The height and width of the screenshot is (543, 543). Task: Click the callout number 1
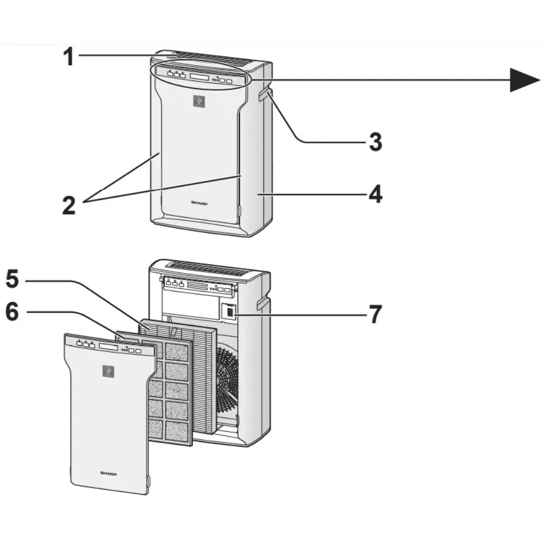[68, 57]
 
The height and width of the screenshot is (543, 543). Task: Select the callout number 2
[68, 206]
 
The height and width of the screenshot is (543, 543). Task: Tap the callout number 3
[375, 142]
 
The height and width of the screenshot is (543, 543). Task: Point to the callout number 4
[375, 194]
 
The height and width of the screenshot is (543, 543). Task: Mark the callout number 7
[375, 314]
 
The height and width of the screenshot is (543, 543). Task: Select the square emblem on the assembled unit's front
[199, 100]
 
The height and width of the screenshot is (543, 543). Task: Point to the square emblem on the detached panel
[109, 371]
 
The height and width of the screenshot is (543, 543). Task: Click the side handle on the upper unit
[263, 96]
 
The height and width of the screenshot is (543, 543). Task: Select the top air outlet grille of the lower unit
[209, 268]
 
